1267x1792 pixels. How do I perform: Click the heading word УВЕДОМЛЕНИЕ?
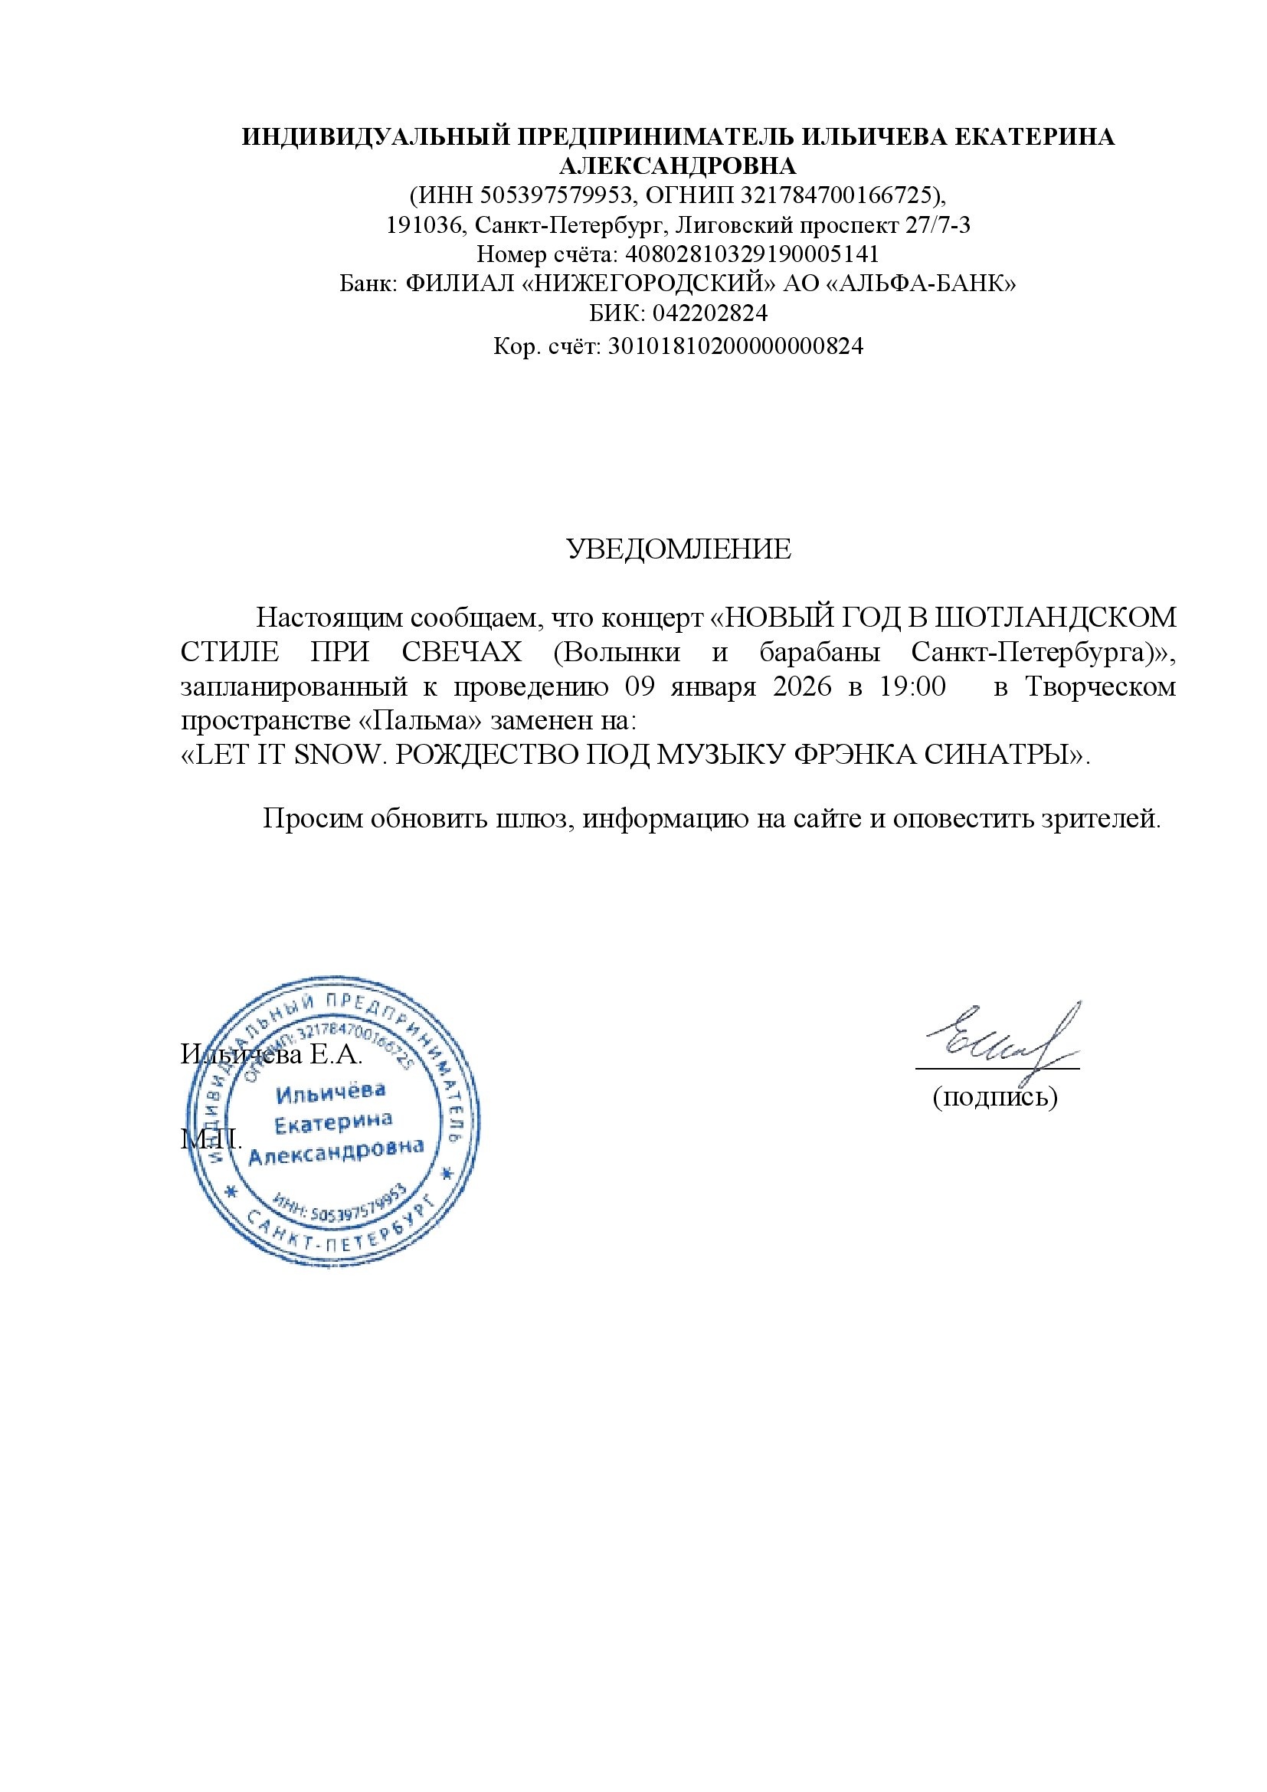pos(678,549)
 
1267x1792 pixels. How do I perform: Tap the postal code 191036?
pos(424,224)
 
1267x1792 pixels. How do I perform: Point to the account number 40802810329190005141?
pos(752,254)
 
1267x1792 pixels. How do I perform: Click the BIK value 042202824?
pos(710,313)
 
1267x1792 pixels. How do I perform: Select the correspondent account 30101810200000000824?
pos(735,345)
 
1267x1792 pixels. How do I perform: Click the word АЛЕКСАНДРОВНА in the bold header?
pos(678,165)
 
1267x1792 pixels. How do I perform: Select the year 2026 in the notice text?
pos(802,686)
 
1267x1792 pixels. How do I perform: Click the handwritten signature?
pos(1003,1037)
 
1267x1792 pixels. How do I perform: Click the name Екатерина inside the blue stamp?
pos(333,1122)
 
